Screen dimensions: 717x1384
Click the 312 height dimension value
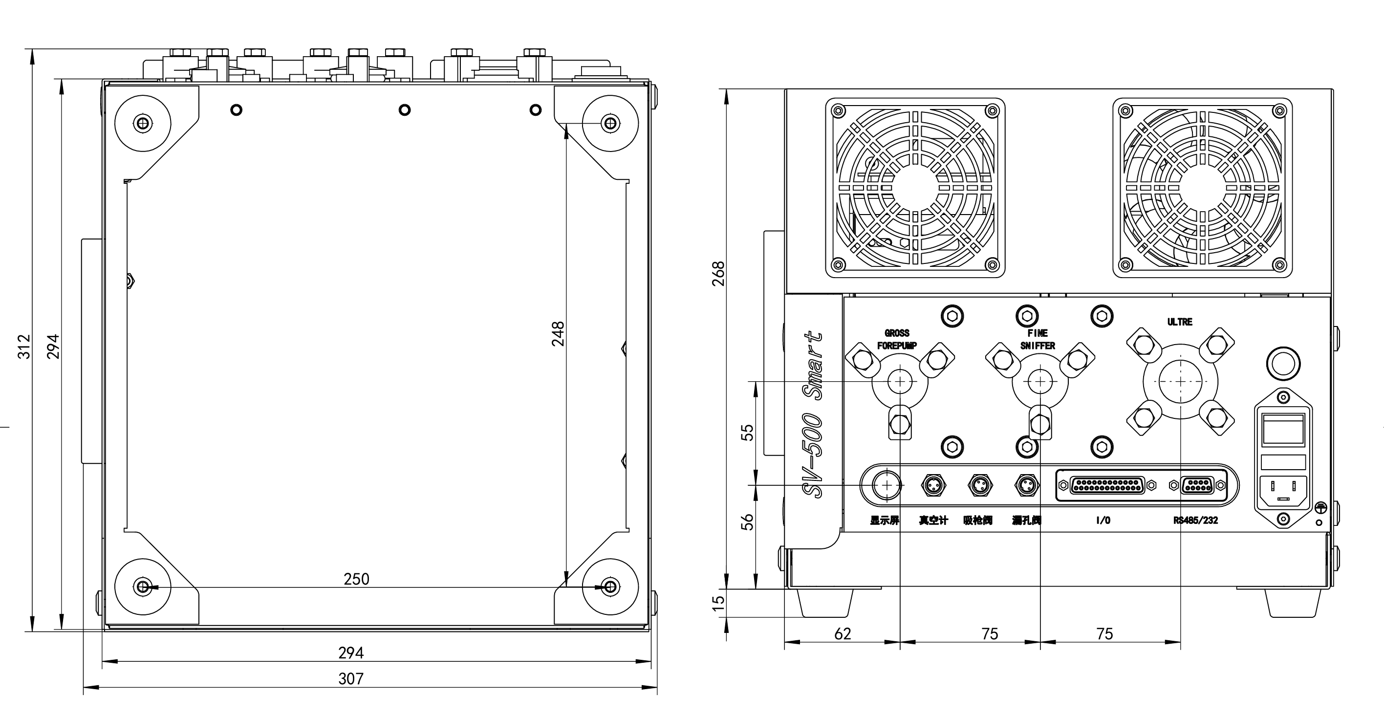point(24,347)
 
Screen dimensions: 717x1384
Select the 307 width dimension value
point(351,679)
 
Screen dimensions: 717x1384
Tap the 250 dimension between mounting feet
point(356,579)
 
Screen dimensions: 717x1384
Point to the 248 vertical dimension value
point(558,334)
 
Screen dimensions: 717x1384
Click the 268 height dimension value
point(718,274)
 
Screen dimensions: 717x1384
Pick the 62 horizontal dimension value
point(843,634)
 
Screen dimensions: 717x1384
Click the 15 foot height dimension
point(718,603)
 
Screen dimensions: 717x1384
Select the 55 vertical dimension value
point(747,433)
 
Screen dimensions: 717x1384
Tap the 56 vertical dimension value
point(747,522)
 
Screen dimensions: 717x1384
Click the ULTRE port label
point(1180,322)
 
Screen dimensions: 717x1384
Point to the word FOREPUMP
point(897,346)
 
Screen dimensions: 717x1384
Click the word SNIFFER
point(1038,346)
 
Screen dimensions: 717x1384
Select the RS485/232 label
point(1195,521)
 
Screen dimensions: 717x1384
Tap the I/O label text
point(1103,521)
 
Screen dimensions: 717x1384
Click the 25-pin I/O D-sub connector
point(1107,486)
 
